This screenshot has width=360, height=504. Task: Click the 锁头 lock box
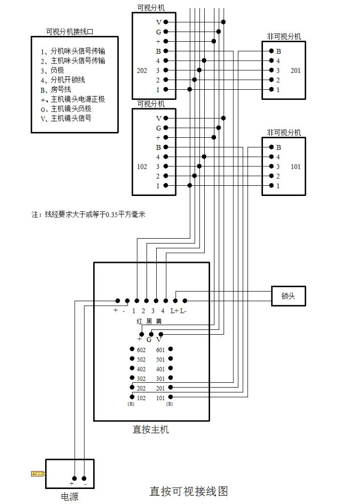[x=288, y=296]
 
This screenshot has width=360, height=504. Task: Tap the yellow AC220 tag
[x=38, y=473]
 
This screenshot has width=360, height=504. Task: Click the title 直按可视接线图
[x=188, y=491]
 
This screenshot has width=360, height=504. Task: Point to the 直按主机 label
[x=151, y=429]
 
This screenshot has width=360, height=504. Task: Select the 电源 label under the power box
[x=69, y=497]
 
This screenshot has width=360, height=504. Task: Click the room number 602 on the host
[x=141, y=350]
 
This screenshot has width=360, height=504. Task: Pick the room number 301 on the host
[x=161, y=378]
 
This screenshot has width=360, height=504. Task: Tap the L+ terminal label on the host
[x=175, y=310]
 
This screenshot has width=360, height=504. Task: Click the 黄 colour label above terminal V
[x=159, y=322]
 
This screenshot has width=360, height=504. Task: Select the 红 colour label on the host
[x=140, y=322]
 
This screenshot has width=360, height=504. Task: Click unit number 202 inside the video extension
[x=142, y=70]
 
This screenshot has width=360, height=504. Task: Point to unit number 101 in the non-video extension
[x=295, y=166]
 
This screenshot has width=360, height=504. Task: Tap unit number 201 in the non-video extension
[x=295, y=70]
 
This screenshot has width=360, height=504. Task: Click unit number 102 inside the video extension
[x=142, y=166]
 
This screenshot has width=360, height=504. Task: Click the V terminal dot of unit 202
[x=166, y=22]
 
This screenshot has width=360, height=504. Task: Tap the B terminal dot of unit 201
[x=271, y=51]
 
